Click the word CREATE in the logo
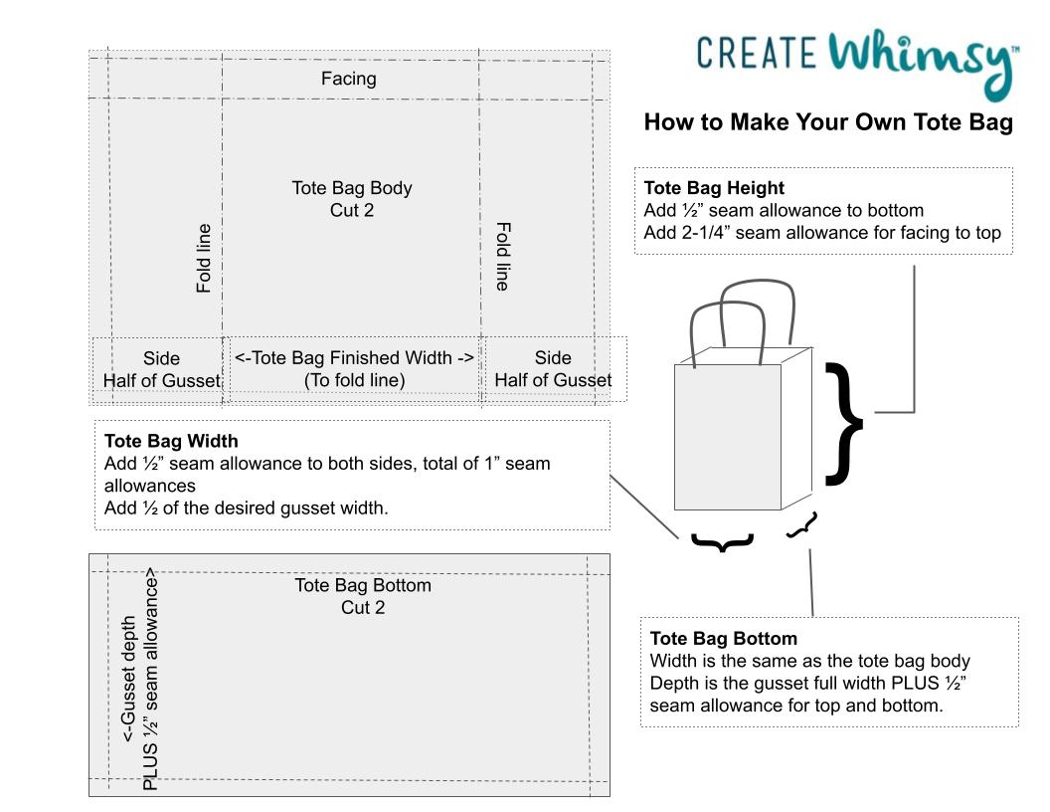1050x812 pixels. click(757, 53)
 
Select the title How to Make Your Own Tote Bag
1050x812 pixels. click(827, 122)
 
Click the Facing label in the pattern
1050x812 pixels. click(349, 79)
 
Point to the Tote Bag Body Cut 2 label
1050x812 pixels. click(352, 199)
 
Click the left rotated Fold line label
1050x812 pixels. click(204, 258)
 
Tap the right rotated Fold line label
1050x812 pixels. click(502, 256)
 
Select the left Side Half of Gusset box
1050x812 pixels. click(161, 369)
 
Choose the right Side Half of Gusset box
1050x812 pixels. click(553, 369)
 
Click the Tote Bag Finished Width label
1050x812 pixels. click(354, 368)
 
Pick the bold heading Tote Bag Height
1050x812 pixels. click(714, 188)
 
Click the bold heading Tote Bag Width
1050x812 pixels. click(171, 441)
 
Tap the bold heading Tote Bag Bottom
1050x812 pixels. click(723, 639)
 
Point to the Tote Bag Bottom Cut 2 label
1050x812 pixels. click(363, 596)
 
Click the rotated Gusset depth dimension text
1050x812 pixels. click(139, 679)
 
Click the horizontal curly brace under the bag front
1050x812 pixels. click(722, 542)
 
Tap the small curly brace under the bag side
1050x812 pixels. click(801, 526)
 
